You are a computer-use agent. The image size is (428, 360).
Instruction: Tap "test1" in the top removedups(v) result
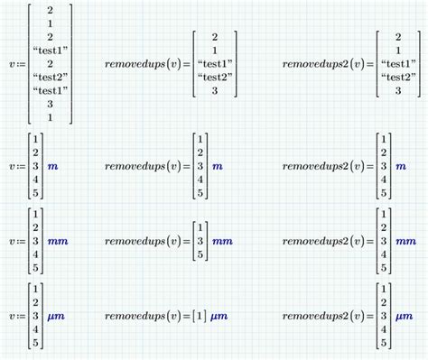point(214,64)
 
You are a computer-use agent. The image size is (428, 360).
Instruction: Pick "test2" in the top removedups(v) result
point(214,78)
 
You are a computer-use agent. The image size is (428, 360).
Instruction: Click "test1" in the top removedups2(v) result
point(398,64)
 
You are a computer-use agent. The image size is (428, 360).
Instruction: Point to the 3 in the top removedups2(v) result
point(398,91)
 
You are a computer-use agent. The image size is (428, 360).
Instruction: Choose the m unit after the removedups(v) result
point(217,166)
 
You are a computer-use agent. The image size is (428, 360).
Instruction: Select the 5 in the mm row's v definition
point(34,268)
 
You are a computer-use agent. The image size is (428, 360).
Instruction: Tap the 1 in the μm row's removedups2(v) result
point(383,289)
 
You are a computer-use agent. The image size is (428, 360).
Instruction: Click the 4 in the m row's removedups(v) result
point(200,180)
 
